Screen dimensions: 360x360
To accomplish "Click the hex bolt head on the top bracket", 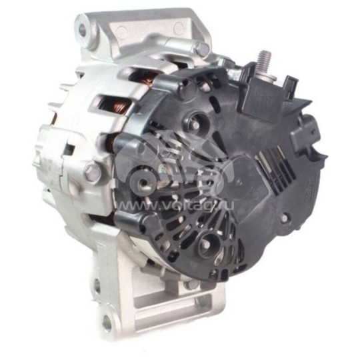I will pyautogui.click(x=201, y=48).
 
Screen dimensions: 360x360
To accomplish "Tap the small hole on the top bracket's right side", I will pyautogui.click(x=178, y=29).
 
